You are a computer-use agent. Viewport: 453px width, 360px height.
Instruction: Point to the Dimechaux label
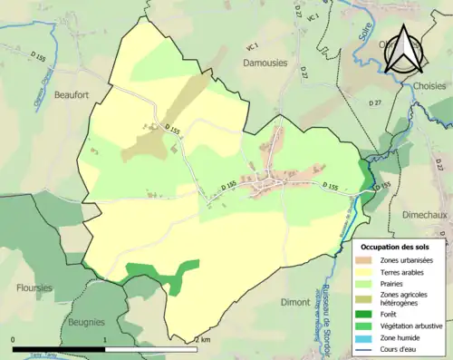tap(420, 216)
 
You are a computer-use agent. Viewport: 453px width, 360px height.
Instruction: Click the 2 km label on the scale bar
tap(201, 339)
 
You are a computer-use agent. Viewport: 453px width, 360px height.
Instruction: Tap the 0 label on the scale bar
tap(14, 339)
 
